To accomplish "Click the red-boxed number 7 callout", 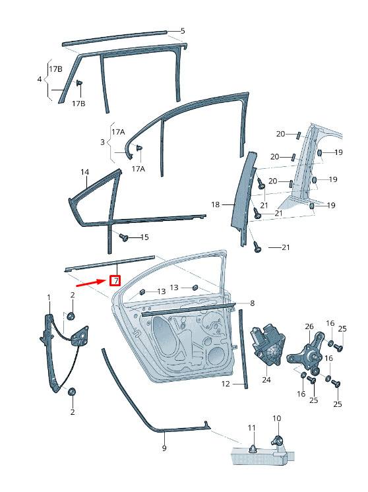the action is coord(115,280).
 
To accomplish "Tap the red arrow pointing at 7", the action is coord(90,283).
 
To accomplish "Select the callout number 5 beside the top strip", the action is coord(183,31).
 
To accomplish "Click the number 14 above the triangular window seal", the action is coord(84,172).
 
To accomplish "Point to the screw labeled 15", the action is coord(124,237).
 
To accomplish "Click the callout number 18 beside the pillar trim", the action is coord(215,204).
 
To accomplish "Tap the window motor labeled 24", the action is coord(267,344).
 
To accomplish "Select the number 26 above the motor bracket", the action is coord(309,326).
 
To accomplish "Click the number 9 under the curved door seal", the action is coord(164,448).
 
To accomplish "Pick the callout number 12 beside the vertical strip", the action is coord(226,384).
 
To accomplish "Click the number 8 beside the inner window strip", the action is coord(252,303).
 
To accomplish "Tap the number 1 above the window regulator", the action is coord(49,297).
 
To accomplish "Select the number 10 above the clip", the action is coord(277,418).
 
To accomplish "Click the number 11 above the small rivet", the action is coord(252,427).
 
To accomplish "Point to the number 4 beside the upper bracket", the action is coord(39,79).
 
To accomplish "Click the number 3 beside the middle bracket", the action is coord(102,142).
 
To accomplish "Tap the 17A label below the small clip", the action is coord(138,169).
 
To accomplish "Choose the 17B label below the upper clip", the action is coord(78,104).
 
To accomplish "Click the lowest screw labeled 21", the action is coord(257,247).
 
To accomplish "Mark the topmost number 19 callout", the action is coord(338,152).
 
